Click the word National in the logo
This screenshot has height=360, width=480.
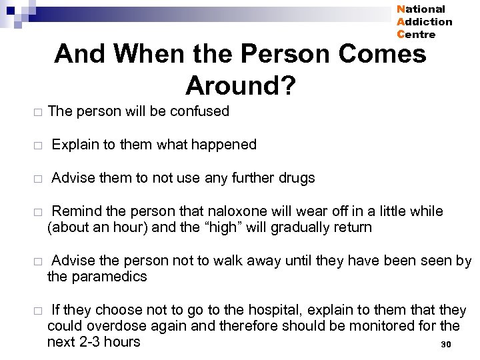[x=421, y=9]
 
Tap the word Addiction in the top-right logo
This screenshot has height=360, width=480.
[x=424, y=22]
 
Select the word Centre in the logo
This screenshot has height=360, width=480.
[x=416, y=35]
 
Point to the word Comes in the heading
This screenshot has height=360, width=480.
[x=382, y=53]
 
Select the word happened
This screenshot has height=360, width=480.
[x=224, y=145]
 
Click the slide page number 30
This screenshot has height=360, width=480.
[x=446, y=345]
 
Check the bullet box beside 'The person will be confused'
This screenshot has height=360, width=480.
[x=38, y=113]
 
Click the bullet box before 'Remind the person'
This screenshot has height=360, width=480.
[x=38, y=213]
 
